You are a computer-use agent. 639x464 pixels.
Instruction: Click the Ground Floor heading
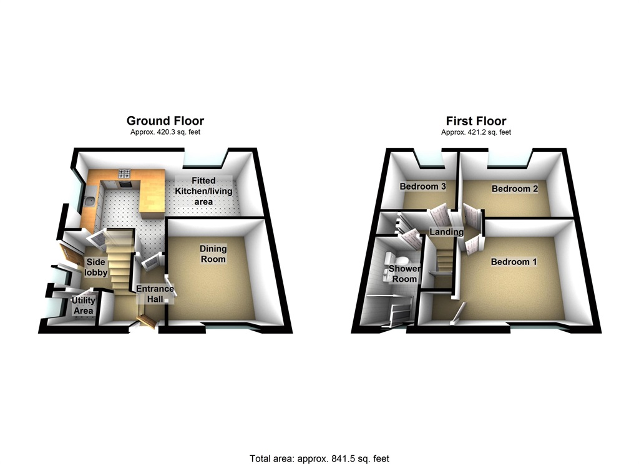tap(165, 121)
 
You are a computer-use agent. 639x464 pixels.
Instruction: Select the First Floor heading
tap(476, 121)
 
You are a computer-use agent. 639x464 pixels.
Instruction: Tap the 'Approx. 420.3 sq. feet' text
tap(165, 132)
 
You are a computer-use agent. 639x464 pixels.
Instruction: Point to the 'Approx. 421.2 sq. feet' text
tap(476, 132)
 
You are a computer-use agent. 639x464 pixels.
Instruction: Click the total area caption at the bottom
tap(319, 458)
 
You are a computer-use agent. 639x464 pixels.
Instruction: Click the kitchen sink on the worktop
tap(90, 201)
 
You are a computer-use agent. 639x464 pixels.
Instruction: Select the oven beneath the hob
tap(124, 184)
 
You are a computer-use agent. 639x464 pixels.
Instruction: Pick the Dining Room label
tap(213, 254)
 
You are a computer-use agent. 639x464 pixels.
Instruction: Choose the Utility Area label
tap(83, 306)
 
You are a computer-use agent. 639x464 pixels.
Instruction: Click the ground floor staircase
tap(120, 259)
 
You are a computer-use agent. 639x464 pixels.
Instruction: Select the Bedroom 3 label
tap(422, 186)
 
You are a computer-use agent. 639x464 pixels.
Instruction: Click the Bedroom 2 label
tap(514, 188)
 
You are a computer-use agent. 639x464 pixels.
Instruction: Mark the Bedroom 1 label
tap(513, 262)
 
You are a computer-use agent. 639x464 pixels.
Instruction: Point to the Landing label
tap(446, 232)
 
